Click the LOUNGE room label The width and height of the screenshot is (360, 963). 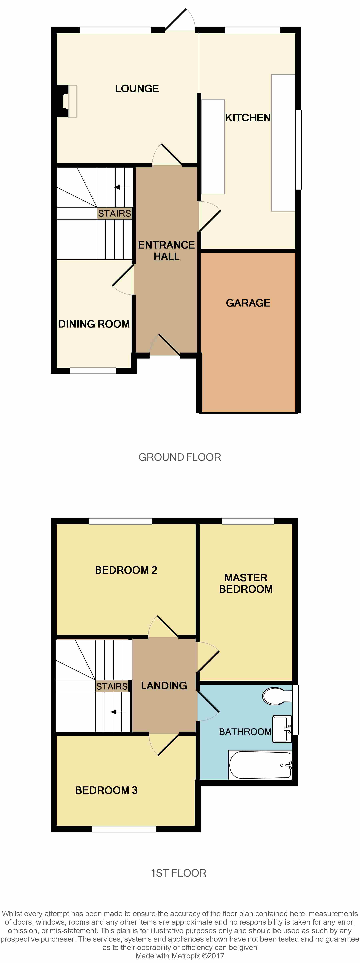pos(137,89)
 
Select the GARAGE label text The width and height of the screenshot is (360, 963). pos(248,303)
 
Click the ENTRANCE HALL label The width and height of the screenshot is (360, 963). pos(166,251)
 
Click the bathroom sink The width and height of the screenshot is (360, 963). pos(282,729)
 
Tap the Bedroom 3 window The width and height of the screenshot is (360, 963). pos(124,829)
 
